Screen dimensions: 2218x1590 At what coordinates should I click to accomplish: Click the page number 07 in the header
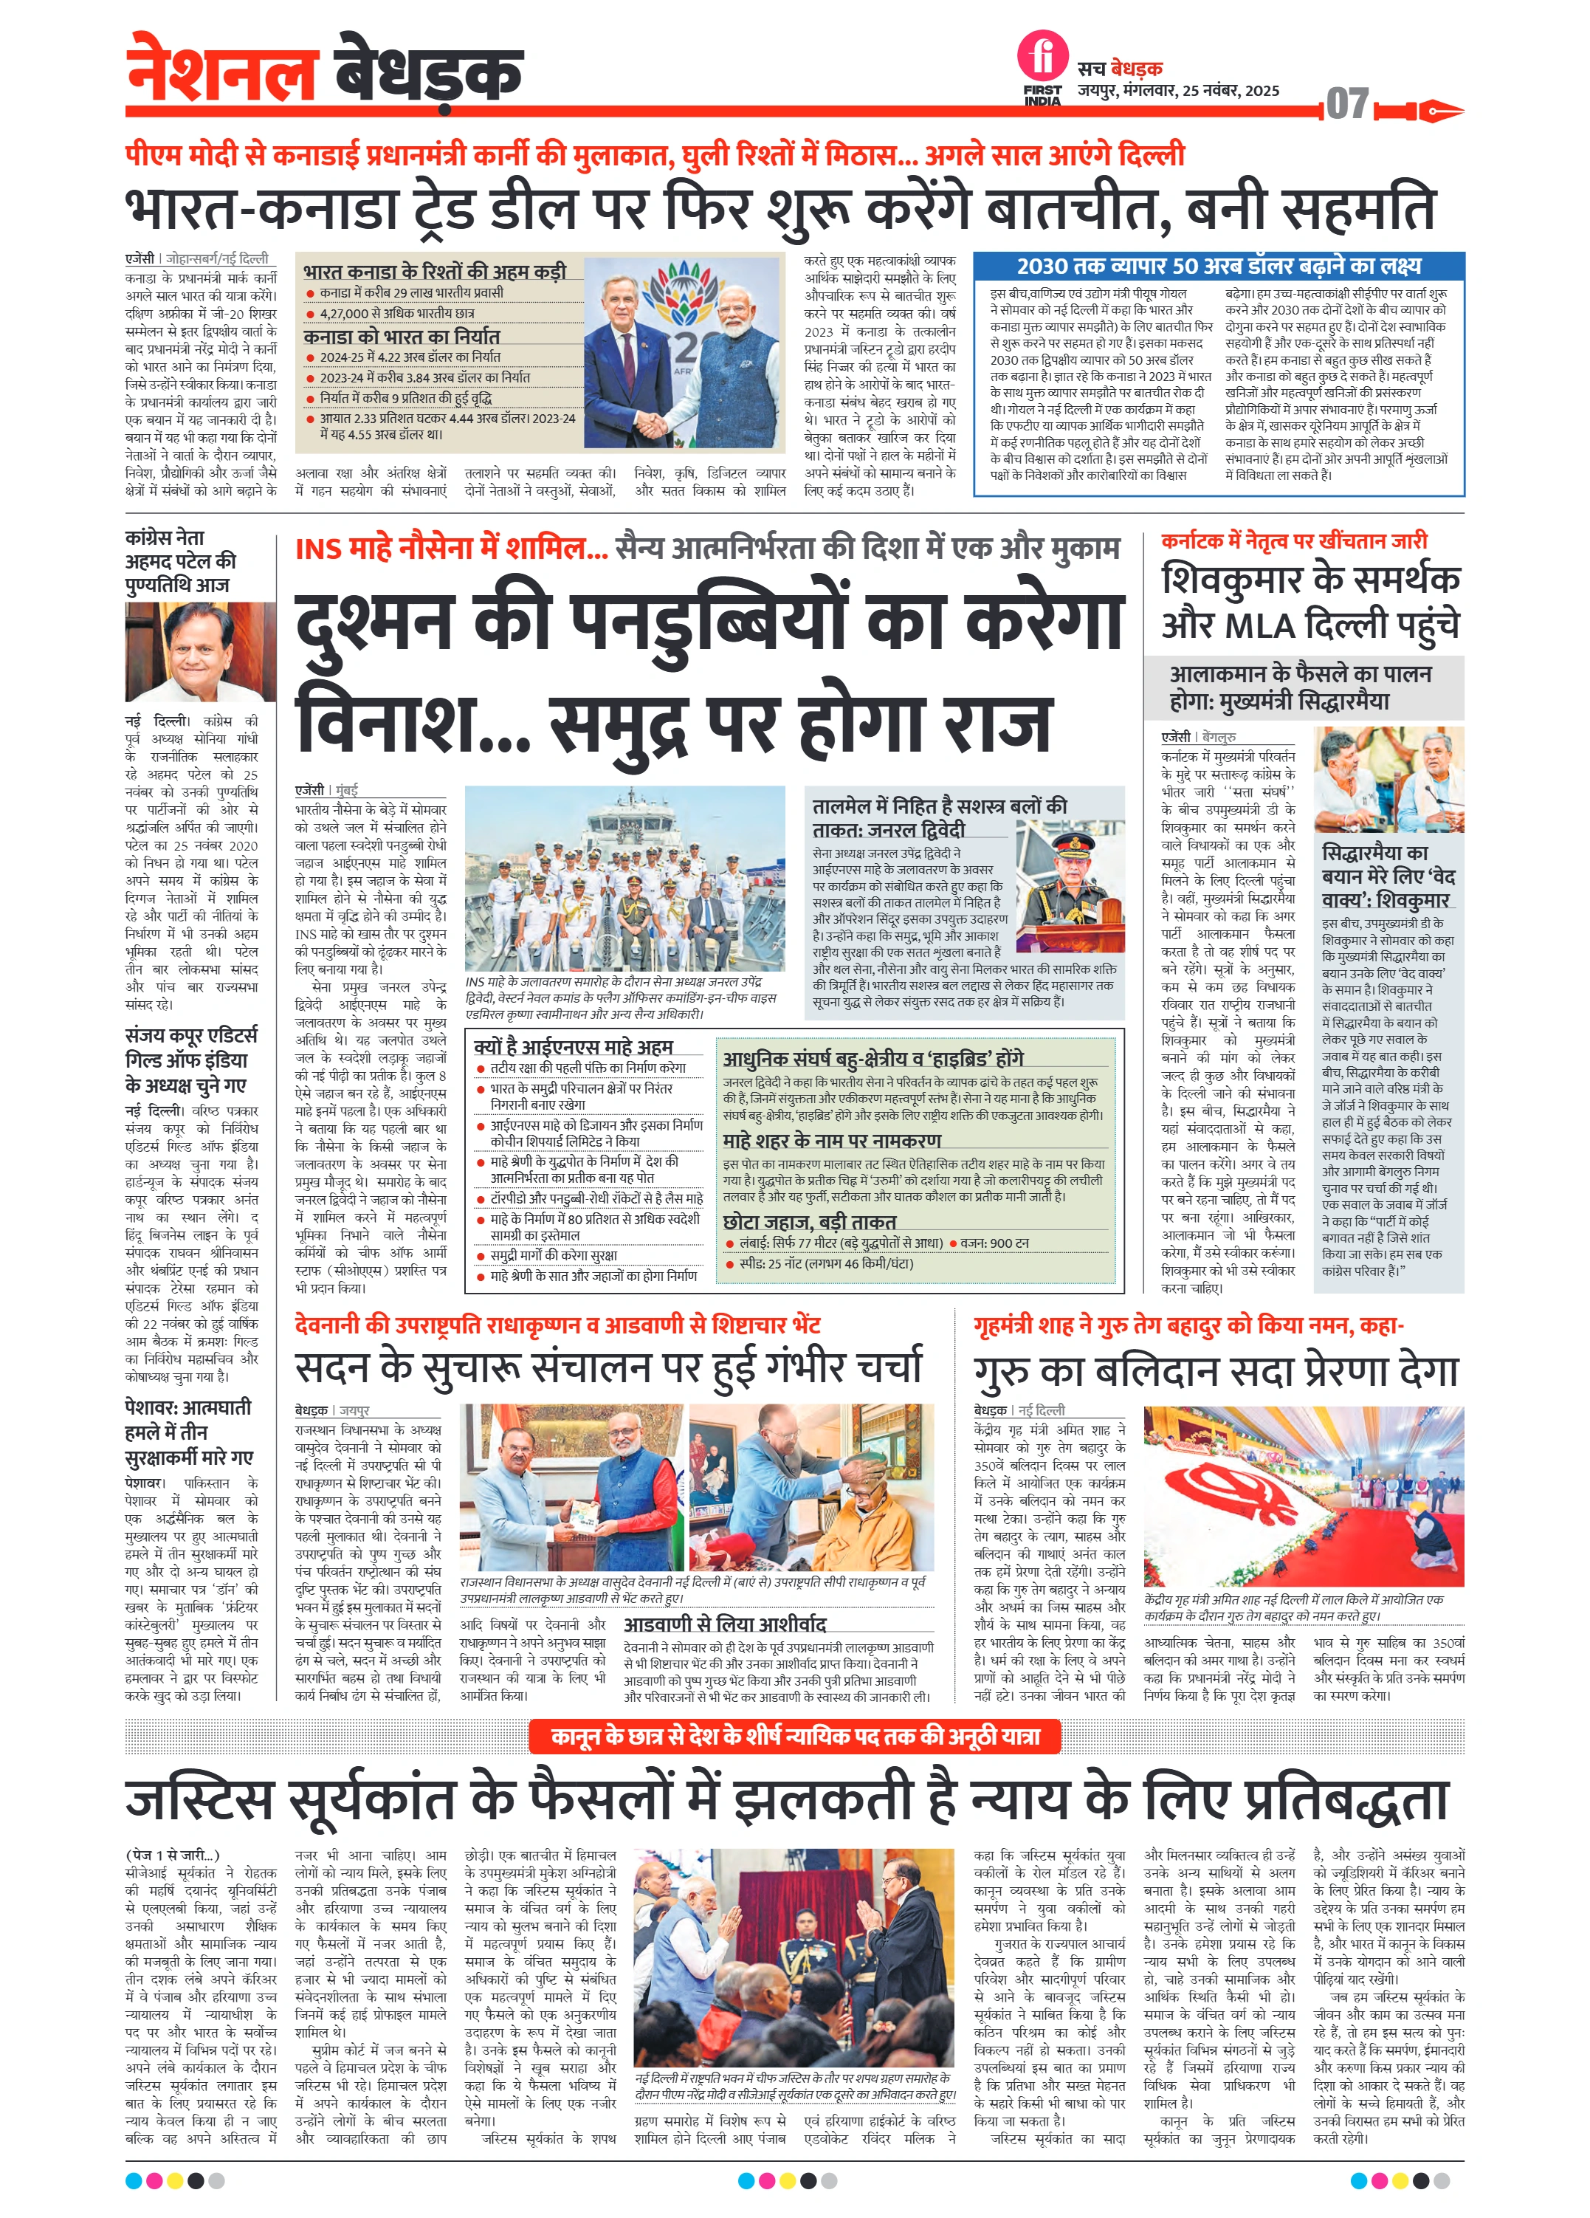pyautogui.click(x=1347, y=103)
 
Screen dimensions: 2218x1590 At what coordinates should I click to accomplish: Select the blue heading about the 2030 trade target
pyautogui.click(x=1219, y=266)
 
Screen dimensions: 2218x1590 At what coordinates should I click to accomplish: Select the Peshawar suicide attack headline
pyautogui.click(x=187, y=1432)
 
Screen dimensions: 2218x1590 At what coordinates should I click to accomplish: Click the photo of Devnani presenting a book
pyautogui.click(x=571, y=1486)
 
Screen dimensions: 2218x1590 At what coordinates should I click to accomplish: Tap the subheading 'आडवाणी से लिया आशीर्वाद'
pyautogui.click(x=725, y=1624)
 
